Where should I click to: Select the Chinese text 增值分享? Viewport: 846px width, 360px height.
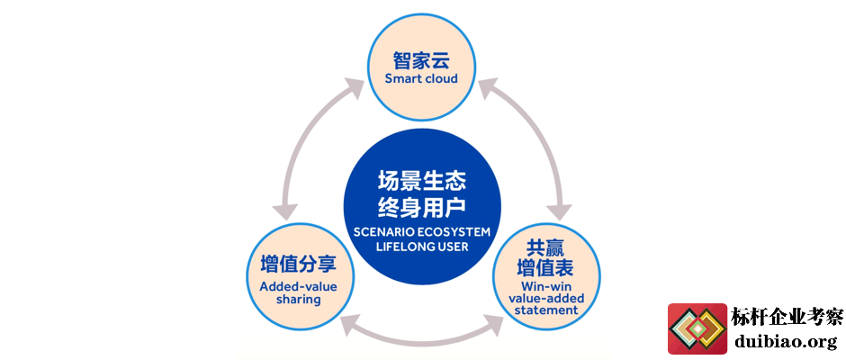pyautogui.click(x=298, y=265)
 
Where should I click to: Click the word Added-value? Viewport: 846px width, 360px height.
pyautogui.click(x=298, y=286)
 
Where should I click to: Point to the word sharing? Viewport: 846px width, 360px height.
pyautogui.click(x=298, y=300)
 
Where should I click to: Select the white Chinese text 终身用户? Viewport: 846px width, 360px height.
pyautogui.click(x=421, y=207)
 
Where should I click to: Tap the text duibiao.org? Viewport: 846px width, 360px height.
pyautogui.click(x=786, y=341)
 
